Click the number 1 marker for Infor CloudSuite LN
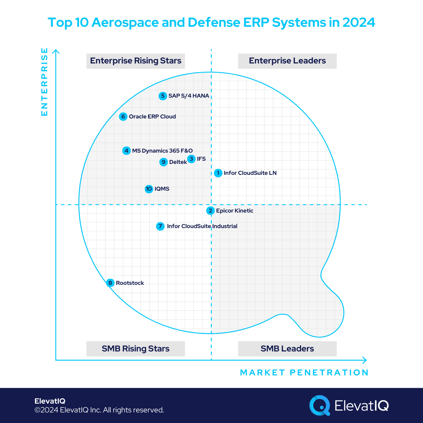click(x=218, y=173)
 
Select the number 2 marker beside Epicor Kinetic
click(x=210, y=211)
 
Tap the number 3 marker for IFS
click(x=191, y=159)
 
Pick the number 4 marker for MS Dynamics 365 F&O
click(x=127, y=151)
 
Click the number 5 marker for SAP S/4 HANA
click(x=163, y=96)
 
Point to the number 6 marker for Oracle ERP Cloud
click(x=123, y=117)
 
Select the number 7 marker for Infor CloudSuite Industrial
click(x=160, y=226)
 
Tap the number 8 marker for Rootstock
click(x=110, y=283)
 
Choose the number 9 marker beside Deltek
click(x=163, y=162)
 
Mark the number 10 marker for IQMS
click(x=149, y=189)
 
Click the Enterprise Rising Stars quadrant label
click(x=136, y=61)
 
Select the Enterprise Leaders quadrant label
click(x=287, y=61)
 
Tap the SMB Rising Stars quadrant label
click(x=136, y=349)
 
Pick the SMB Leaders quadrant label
click(x=287, y=349)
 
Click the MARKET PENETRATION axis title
click(x=304, y=373)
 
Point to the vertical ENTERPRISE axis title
click(x=44, y=82)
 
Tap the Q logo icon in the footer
click(x=319, y=405)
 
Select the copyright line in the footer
click(x=99, y=410)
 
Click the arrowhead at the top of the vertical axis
click(x=56, y=51)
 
